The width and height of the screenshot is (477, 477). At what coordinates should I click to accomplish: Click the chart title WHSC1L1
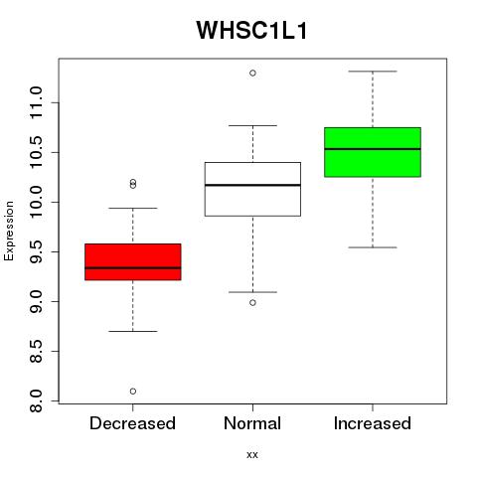tap(252, 31)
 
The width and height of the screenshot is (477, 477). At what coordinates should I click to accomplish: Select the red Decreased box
tap(133, 262)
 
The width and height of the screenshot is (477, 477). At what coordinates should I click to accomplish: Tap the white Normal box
tap(252, 189)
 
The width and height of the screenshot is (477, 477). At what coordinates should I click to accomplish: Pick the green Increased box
tap(373, 152)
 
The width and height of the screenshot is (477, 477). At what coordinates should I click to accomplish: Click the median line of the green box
tap(373, 149)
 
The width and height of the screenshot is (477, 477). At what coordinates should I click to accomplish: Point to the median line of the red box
tap(133, 267)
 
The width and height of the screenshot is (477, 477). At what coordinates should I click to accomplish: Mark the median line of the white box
tap(252, 185)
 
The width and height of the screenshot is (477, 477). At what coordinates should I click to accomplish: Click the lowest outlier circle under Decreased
tap(133, 392)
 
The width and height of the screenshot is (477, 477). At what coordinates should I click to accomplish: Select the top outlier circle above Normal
tap(252, 73)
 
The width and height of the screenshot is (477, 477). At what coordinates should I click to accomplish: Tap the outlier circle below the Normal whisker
tap(252, 302)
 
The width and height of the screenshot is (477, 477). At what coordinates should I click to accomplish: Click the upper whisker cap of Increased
tap(373, 72)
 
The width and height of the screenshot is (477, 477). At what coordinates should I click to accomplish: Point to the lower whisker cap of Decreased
tap(133, 331)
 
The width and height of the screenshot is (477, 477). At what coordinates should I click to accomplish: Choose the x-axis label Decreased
tap(132, 423)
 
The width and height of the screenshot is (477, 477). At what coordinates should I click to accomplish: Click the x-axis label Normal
tap(252, 423)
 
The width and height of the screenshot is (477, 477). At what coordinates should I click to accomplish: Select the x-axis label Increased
tap(373, 423)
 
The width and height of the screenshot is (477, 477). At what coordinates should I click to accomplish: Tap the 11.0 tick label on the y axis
tap(36, 102)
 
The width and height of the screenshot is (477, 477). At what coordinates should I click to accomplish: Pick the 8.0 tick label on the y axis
tap(36, 400)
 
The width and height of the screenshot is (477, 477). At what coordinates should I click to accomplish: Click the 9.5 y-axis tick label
tap(36, 251)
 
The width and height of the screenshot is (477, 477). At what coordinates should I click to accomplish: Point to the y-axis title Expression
tap(9, 232)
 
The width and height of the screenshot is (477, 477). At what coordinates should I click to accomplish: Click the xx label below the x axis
tap(252, 455)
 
